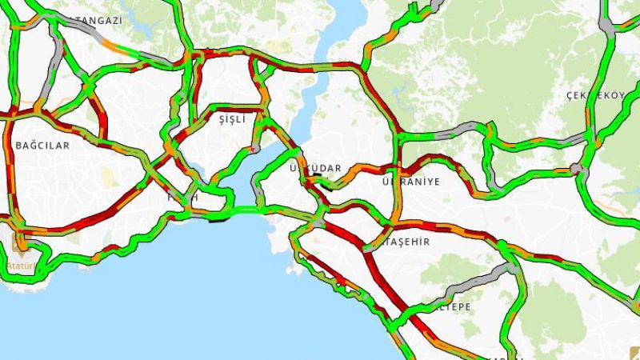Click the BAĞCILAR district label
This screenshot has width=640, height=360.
point(42,146)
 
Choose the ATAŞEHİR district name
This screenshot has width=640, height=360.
point(406,241)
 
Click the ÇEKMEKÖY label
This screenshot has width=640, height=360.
point(594,96)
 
